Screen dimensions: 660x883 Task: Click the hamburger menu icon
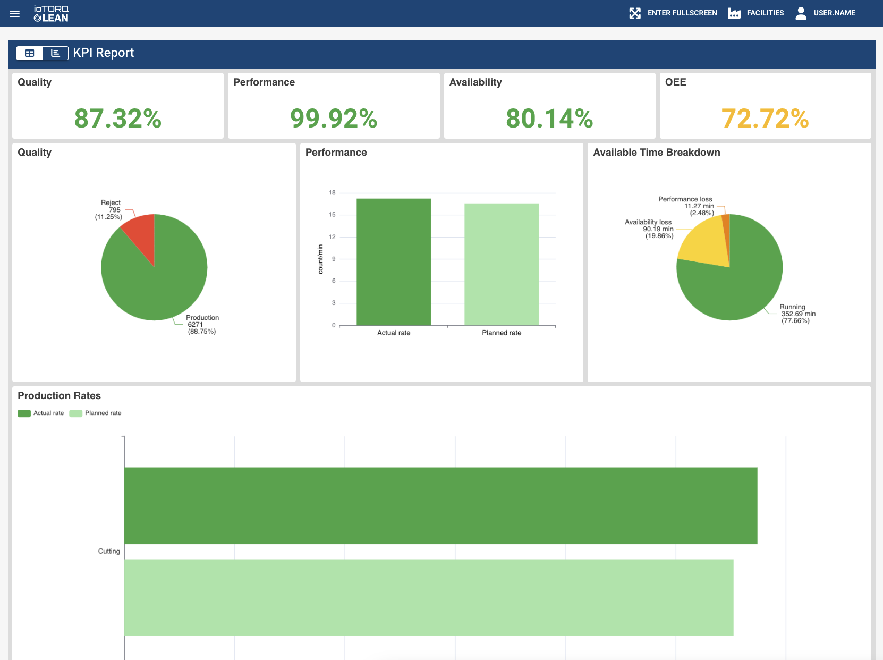pyautogui.click(x=15, y=14)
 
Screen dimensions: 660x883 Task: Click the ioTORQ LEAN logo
pyautogui.click(x=51, y=14)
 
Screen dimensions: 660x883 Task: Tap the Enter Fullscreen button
pyautogui.click(x=673, y=13)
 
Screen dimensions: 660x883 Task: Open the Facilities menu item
pyautogui.click(x=756, y=13)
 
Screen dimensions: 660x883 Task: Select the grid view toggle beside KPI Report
pyautogui.click(x=30, y=53)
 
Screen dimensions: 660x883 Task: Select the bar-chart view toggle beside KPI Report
pyautogui.click(x=55, y=53)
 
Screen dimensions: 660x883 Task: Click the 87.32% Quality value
pyautogui.click(x=118, y=118)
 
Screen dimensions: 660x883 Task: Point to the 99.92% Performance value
pyautogui.click(x=334, y=118)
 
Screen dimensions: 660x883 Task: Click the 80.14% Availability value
pyautogui.click(x=549, y=118)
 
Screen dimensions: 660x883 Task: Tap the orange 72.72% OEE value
pyautogui.click(x=765, y=118)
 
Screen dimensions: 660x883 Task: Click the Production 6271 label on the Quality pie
pyautogui.click(x=202, y=324)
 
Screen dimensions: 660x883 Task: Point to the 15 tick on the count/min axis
pyautogui.click(x=332, y=215)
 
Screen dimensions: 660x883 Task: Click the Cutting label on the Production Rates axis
pyautogui.click(x=109, y=551)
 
